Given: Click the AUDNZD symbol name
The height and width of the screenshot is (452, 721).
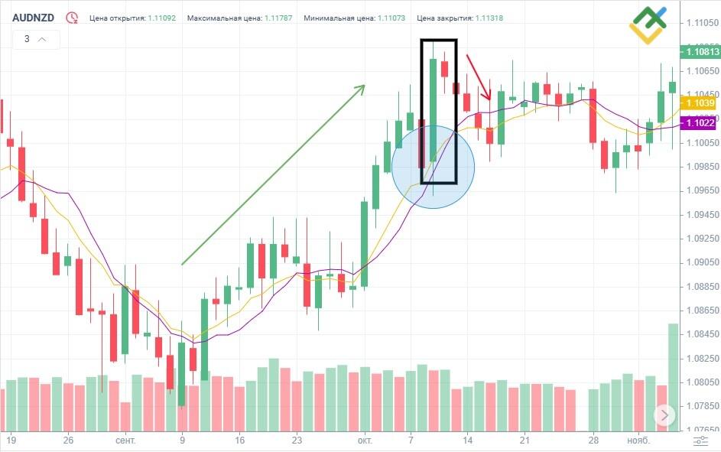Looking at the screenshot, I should click(33, 17).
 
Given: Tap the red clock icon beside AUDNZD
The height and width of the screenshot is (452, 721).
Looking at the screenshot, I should click(72, 17).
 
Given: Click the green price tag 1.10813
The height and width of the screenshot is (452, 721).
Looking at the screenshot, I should click(701, 52).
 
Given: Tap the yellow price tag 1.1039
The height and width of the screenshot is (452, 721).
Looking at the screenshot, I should click(700, 102).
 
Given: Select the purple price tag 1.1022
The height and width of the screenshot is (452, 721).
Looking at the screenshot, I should click(700, 122).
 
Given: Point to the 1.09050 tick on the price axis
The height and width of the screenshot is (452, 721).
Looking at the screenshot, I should click(700, 262).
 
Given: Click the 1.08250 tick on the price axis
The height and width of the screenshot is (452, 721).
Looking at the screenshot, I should click(700, 358).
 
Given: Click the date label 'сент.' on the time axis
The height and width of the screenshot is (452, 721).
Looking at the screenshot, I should click(125, 441).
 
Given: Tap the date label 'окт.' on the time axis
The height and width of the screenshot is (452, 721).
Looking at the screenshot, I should click(365, 441).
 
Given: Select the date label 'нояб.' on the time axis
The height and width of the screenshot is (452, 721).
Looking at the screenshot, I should click(637, 441).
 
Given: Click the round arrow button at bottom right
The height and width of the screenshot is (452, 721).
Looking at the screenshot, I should click(664, 415).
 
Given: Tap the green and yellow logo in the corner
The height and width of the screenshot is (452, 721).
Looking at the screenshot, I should click(648, 24).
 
